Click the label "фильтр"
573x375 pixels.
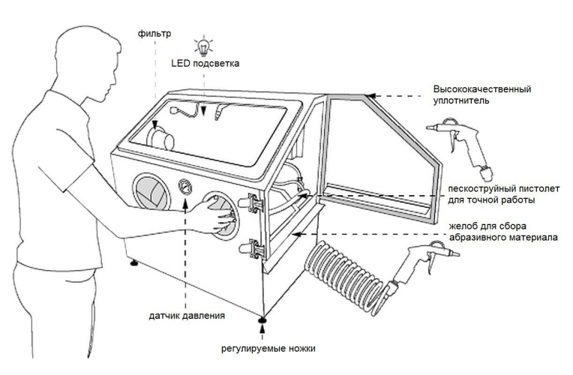coord(154,33)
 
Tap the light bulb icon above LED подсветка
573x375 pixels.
coord(200,43)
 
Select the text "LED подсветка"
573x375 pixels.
coord(205,64)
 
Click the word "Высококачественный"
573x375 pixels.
coord(481,89)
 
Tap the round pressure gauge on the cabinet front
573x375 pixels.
coord(184,186)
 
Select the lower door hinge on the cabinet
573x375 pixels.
coord(252,248)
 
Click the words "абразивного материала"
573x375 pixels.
coord(502,238)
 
